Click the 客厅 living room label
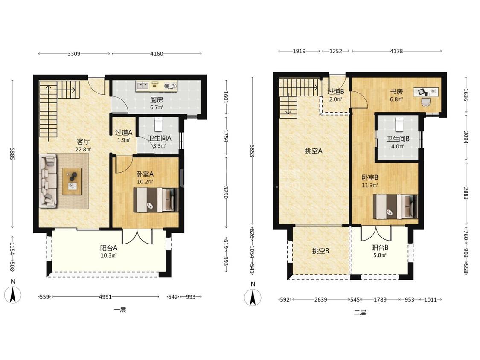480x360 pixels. coord(83,142)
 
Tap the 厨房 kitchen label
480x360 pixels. coord(157,100)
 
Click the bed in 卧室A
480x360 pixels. coord(155,200)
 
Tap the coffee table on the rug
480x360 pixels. coord(72,181)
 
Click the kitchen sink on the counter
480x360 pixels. coord(143,85)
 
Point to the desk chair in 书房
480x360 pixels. coord(425,102)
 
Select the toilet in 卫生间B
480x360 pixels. coord(399,124)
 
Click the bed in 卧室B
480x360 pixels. coord(396,206)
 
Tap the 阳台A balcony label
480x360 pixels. coord(109,248)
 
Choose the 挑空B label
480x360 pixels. coord(320,251)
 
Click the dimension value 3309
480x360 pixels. coord(74,54)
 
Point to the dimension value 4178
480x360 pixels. coord(396,51)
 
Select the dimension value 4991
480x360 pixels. coord(105,296)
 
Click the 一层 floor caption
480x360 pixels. coord(120,310)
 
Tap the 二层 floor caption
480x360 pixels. coord(360,313)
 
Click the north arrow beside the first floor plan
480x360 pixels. coord(13,294)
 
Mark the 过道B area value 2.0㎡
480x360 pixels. coord(335,99)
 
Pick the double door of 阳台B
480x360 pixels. coord(376,234)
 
